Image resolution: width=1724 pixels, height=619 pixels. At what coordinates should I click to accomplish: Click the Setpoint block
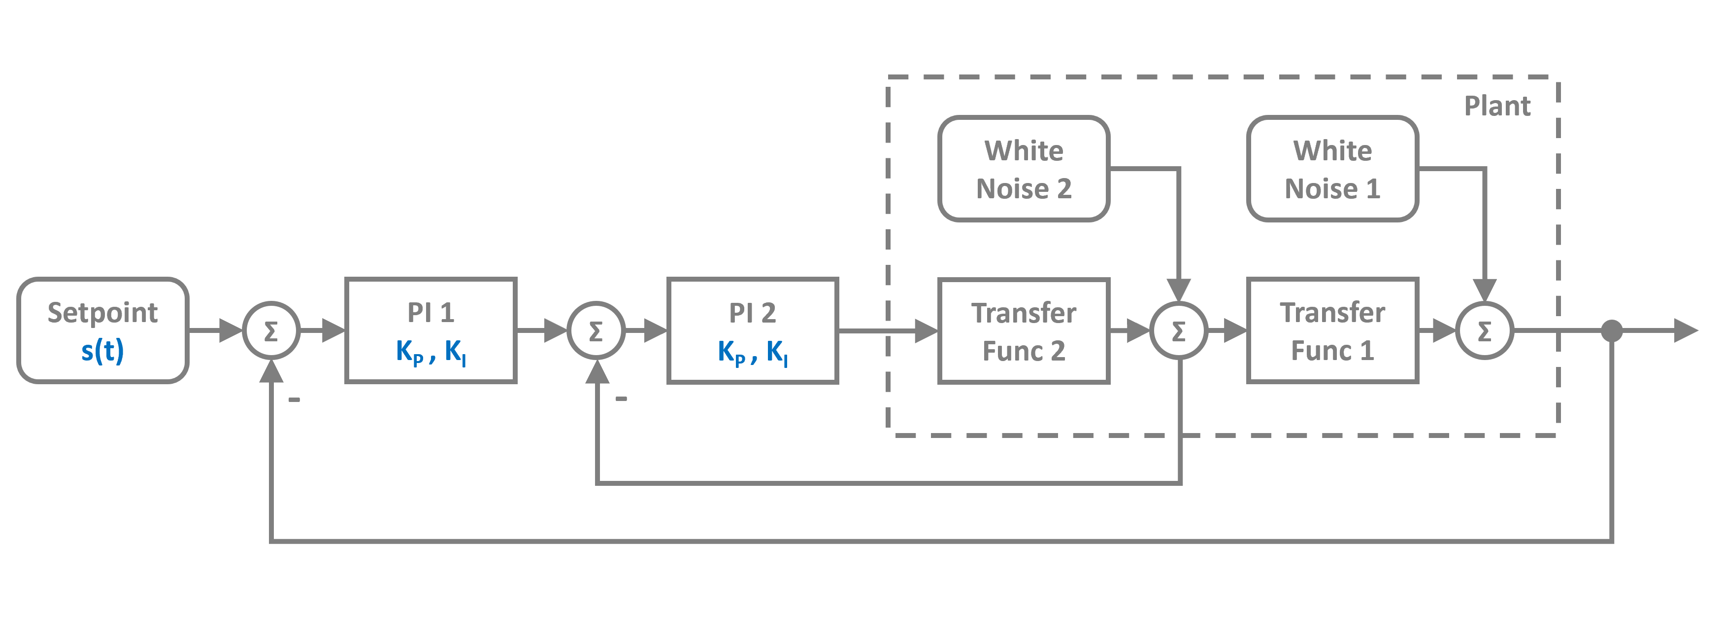click(102, 330)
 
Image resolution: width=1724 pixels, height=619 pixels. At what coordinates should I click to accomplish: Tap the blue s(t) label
click(102, 350)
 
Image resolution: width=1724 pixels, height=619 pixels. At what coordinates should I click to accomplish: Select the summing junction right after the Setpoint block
click(270, 330)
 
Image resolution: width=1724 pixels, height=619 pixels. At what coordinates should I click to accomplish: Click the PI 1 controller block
click(431, 330)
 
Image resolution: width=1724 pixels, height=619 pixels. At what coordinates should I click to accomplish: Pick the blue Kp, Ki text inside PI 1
click(431, 351)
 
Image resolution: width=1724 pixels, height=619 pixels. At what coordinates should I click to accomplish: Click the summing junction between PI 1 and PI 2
click(596, 330)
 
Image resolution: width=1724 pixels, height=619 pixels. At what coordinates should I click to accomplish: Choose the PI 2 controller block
click(752, 330)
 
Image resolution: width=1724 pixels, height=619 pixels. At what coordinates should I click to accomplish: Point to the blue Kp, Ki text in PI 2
click(752, 351)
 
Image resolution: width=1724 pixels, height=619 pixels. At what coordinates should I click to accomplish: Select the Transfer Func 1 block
click(1332, 330)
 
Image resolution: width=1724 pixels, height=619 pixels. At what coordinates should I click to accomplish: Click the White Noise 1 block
click(1332, 169)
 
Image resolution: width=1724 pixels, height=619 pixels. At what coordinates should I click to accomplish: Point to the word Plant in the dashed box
click(1496, 106)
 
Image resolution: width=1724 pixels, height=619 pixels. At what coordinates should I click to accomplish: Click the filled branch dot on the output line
click(1612, 330)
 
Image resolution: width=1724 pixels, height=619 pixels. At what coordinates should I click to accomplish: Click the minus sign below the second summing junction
click(621, 399)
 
